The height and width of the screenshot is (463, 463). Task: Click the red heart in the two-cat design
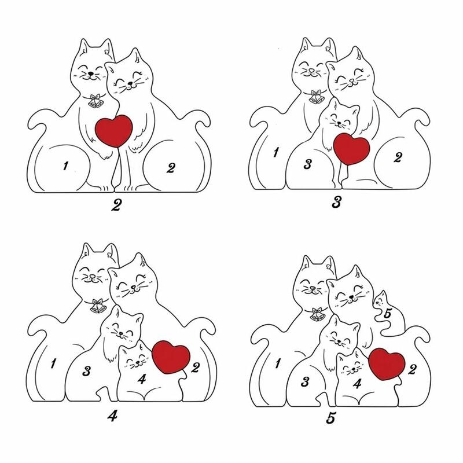(x=113, y=131)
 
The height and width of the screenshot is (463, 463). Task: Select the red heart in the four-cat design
(x=171, y=357)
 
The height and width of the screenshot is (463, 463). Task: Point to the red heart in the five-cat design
(x=387, y=364)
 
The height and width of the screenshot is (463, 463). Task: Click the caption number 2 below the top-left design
(x=116, y=205)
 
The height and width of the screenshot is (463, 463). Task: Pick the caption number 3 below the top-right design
(x=337, y=202)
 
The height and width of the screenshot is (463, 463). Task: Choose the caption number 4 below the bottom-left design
(x=112, y=416)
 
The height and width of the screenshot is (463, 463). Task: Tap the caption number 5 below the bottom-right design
(x=331, y=418)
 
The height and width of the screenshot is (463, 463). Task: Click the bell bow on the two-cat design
(x=96, y=100)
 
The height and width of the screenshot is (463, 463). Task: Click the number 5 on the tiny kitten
(x=387, y=313)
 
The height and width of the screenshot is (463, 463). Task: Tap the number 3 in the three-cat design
(x=307, y=164)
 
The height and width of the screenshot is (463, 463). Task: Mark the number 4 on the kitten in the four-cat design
(x=142, y=379)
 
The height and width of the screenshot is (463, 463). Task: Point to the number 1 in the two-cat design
(x=65, y=166)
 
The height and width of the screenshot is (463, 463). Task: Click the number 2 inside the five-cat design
(x=412, y=369)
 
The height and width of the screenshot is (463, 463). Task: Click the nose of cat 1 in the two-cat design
(x=91, y=73)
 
